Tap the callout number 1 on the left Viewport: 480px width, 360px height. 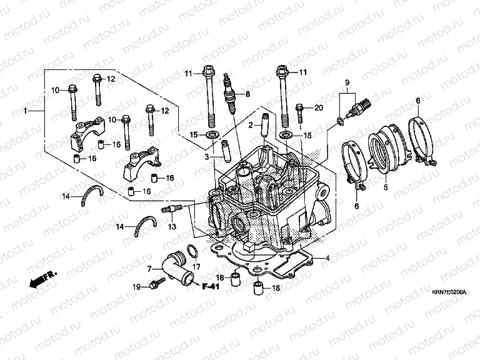26,111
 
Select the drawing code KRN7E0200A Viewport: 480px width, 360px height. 448,292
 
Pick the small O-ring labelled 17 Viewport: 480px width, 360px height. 193,252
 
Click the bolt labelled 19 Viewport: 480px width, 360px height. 153,285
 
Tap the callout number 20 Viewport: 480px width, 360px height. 319,107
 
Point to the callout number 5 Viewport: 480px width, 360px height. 386,186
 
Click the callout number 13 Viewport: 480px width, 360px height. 172,226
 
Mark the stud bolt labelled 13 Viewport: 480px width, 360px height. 171,209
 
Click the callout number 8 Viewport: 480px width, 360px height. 247,94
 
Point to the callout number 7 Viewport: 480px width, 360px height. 149,269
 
